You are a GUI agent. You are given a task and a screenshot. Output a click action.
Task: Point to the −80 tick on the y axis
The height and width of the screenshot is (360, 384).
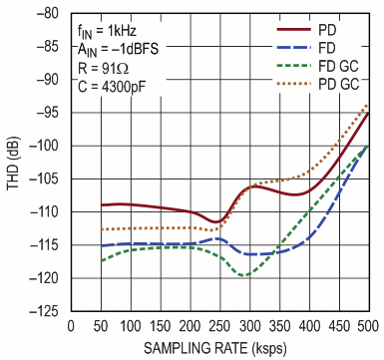pyautogui.click(x=48, y=15)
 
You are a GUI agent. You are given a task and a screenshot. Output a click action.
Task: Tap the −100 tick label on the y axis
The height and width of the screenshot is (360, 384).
pyautogui.click(x=45, y=147)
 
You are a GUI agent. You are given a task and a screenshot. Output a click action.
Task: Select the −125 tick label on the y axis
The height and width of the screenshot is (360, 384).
pyautogui.click(x=45, y=311)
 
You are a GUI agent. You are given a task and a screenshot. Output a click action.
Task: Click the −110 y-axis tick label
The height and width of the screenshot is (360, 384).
pyautogui.click(x=45, y=212)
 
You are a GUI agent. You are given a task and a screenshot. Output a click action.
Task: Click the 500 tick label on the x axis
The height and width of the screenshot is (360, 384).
pyautogui.click(x=368, y=326)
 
